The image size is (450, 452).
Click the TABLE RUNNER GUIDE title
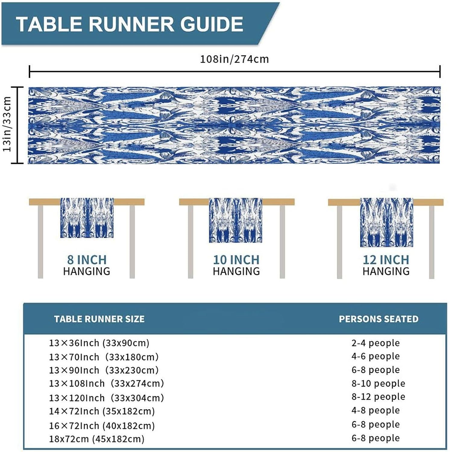(x=130, y=24)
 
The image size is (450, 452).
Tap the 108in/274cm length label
(x=234, y=59)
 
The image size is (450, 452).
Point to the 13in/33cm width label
(x=7, y=124)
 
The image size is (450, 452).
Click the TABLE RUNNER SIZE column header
(x=99, y=319)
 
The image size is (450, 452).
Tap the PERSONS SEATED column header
(x=379, y=319)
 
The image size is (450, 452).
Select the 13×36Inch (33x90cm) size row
(x=99, y=343)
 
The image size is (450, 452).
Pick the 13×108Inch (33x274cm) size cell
(x=106, y=383)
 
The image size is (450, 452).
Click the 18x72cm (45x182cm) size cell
(x=97, y=439)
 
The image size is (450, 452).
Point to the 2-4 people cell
(x=376, y=343)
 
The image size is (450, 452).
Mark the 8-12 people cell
(x=378, y=397)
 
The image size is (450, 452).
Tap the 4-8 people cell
(x=376, y=410)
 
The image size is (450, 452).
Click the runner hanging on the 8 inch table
(x=87, y=218)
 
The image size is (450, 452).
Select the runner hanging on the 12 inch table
(x=386, y=222)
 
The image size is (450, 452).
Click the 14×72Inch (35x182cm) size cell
(x=102, y=411)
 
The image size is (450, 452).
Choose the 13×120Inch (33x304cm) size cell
(x=106, y=398)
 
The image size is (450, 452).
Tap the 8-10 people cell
(x=378, y=383)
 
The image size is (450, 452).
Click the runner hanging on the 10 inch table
(x=235, y=220)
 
